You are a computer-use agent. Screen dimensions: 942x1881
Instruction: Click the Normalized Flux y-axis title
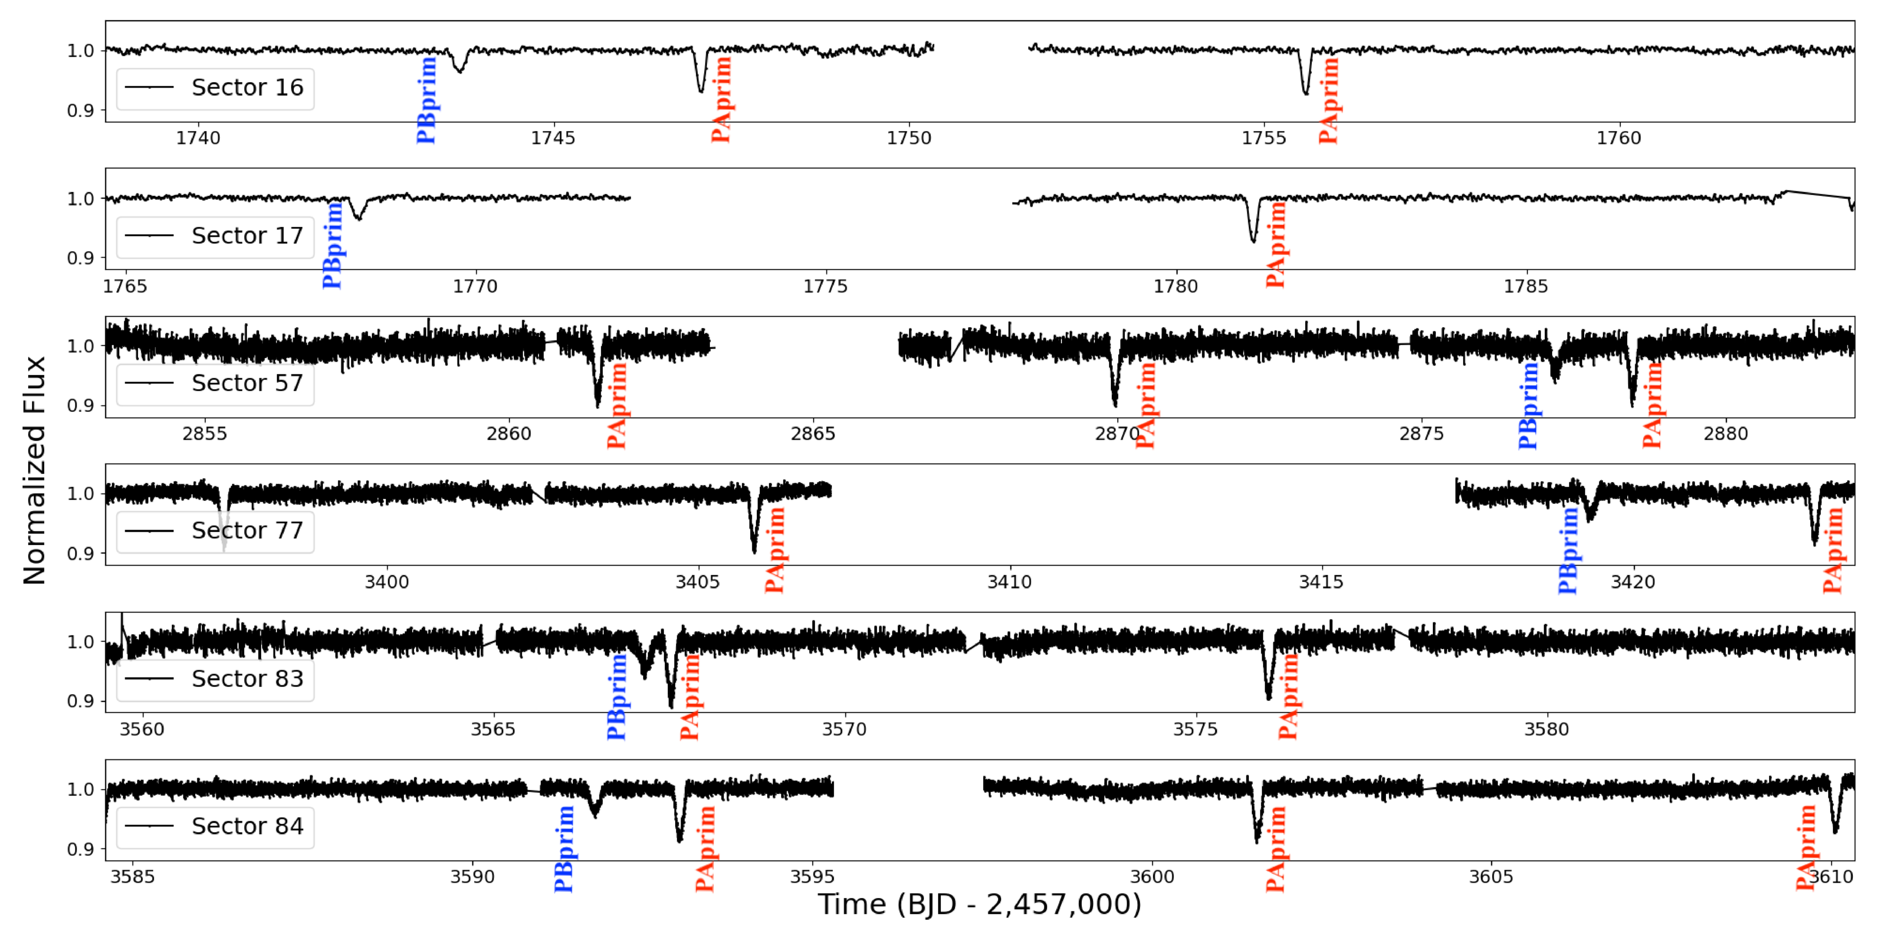pyautogui.click(x=34, y=470)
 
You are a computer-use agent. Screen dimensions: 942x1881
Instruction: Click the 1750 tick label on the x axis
pyautogui.click(x=909, y=138)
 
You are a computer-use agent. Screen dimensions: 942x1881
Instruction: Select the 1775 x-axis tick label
pyautogui.click(x=825, y=286)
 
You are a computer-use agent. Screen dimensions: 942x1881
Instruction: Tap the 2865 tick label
pyautogui.click(x=813, y=434)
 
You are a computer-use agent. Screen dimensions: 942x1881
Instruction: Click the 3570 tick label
pyautogui.click(x=844, y=729)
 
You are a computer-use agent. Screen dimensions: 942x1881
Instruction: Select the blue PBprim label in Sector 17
pyautogui.click(x=333, y=245)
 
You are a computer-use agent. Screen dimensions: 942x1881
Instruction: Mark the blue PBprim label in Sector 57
pyautogui.click(x=1528, y=405)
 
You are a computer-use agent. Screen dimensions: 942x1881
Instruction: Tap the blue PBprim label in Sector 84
pyautogui.click(x=564, y=849)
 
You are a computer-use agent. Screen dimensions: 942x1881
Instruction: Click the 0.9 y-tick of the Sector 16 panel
pyautogui.click(x=80, y=111)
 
